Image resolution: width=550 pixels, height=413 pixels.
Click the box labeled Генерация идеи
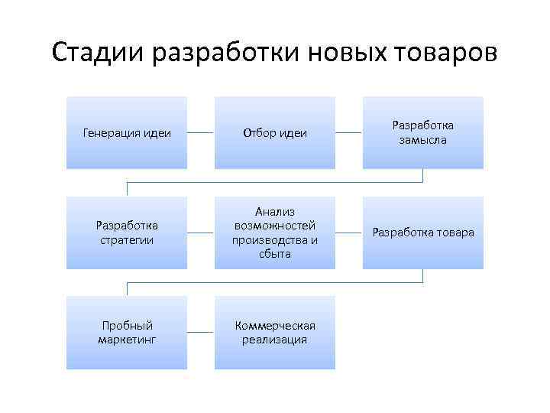coord(126,132)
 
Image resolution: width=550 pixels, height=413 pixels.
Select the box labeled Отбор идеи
coord(274,132)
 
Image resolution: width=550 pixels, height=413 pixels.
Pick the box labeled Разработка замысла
coord(422,132)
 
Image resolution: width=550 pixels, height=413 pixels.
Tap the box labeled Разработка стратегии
coord(126,233)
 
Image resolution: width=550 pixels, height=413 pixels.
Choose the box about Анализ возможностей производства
coord(274,233)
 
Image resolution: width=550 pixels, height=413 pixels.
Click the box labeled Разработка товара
coord(422,233)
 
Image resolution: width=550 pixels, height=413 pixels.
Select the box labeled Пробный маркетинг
coord(126,333)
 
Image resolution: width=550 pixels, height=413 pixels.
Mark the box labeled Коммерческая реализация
coord(274,333)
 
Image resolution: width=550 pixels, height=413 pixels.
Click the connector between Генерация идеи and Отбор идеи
coord(200,132)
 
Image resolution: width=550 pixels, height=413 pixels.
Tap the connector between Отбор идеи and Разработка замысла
coord(348,132)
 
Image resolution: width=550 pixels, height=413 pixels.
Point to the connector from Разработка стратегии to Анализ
coord(200,233)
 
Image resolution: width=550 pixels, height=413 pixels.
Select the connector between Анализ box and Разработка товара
coord(348,233)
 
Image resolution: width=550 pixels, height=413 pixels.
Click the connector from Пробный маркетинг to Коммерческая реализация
coord(200,333)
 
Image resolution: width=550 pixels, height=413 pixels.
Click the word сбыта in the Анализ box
coord(274,254)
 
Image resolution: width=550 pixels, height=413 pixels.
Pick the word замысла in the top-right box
coord(422,140)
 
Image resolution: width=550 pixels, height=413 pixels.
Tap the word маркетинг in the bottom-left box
coord(126,340)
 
